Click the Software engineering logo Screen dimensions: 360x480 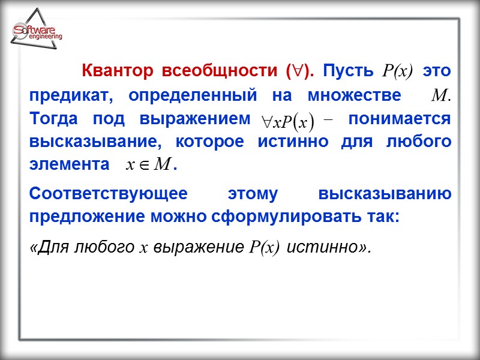(37, 33)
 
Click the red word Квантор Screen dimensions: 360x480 (116, 71)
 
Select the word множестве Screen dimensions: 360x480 (355, 96)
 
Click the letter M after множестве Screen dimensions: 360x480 (441, 96)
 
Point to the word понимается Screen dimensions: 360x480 (399, 119)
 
